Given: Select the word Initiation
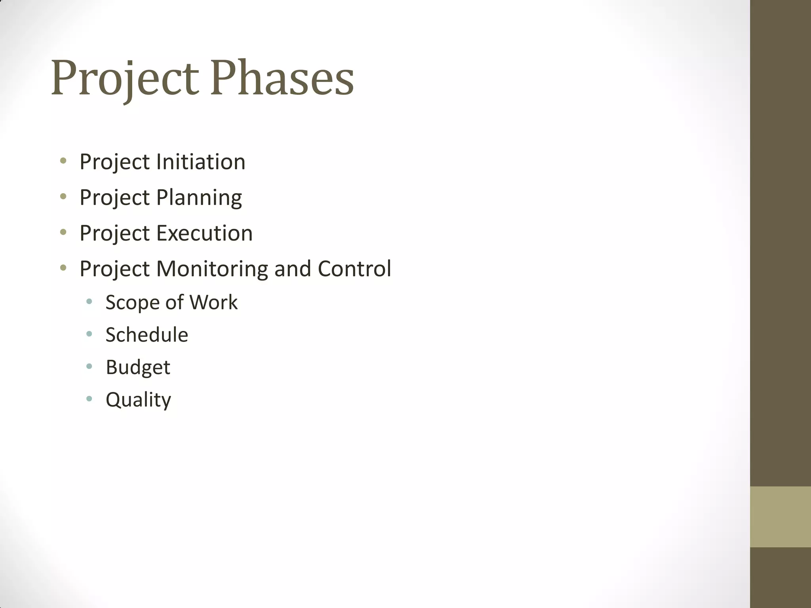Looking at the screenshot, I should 201,162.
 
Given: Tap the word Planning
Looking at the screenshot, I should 199,198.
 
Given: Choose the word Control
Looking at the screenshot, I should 354,269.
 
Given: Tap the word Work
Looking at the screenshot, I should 213,302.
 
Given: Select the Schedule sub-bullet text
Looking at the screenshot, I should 147,335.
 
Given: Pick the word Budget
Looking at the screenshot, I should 138,367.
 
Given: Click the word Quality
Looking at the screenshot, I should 138,400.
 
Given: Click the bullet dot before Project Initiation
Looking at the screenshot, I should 63,161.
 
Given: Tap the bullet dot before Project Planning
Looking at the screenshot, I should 63,196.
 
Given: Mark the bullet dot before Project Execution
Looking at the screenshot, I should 63,232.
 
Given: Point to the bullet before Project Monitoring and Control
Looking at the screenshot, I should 63,268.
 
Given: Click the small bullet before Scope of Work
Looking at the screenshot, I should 89,302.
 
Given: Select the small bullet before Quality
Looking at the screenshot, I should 89,399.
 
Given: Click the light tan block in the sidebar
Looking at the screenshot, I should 780,517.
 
